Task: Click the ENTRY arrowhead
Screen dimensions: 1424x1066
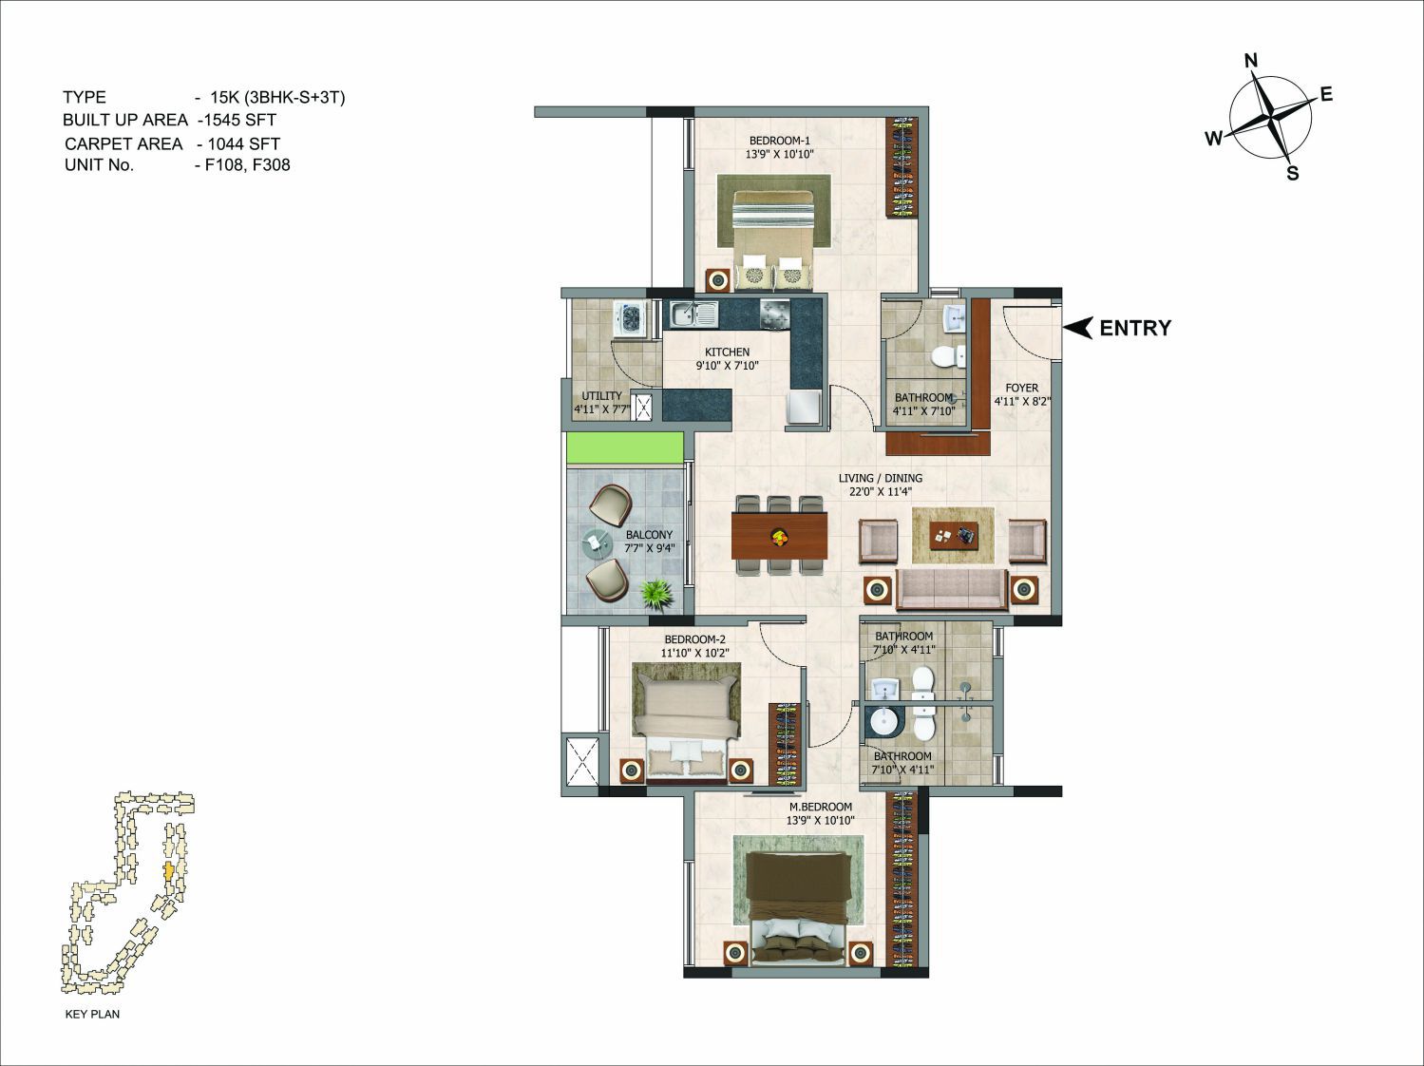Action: [x=1079, y=328]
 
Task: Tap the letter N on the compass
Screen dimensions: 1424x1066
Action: [x=1251, y=61]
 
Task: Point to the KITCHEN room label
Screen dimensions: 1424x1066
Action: [x=728, y=352]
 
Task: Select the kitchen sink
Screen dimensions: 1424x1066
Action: [x=693, y=314]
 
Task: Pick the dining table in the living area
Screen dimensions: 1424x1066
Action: [x=779, y=535]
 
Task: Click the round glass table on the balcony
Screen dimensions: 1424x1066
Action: [x=596, y=543]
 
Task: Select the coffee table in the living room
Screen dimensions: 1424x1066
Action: [x=954, y=536]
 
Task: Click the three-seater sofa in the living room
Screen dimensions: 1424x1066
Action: [x=951, y=589]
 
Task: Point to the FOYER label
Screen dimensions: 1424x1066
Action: [x=1022, y=388]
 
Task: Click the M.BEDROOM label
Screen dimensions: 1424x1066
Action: [x=821, y=807]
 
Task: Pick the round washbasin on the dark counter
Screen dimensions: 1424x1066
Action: [x=883, y=721]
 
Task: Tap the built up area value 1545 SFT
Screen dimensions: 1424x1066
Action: [x=240, y=120]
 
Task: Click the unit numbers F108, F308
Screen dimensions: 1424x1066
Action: [x=248, y=164]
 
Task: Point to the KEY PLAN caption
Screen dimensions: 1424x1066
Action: [x=92, y=1014]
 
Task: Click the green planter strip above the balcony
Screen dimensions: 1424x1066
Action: [x=625, y=447]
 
